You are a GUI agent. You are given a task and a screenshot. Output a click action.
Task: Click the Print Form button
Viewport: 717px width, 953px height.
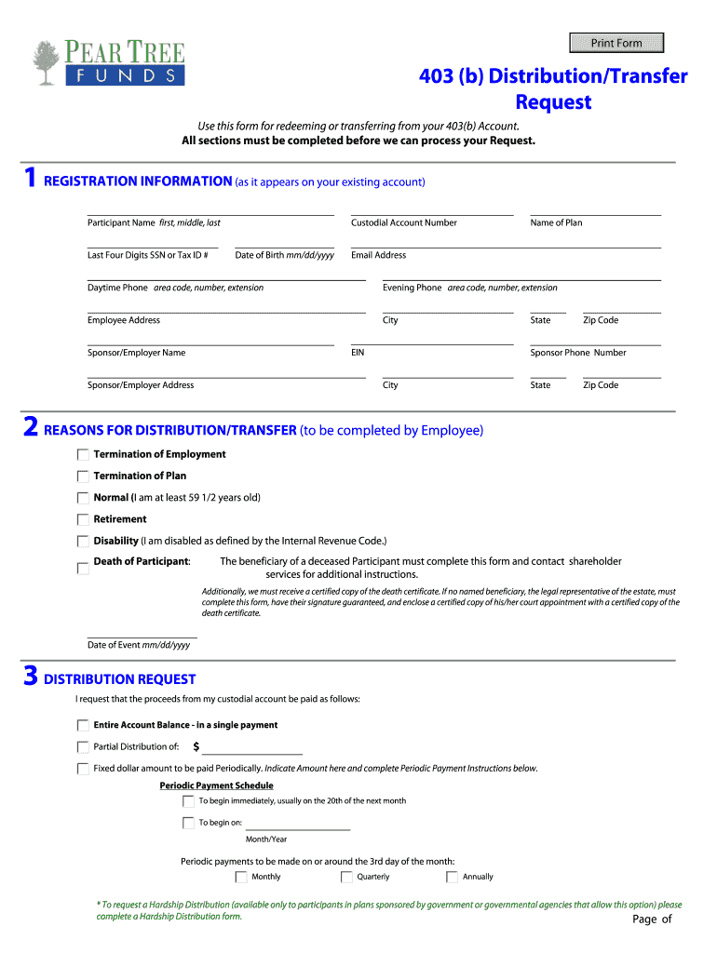616,43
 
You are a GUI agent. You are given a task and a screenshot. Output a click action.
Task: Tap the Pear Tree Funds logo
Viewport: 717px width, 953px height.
108,63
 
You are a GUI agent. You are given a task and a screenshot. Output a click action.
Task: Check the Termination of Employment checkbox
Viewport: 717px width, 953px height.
83,455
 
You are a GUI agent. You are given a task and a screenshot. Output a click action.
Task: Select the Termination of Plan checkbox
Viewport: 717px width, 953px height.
83,476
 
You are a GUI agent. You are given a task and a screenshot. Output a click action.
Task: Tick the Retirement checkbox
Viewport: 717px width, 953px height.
83,519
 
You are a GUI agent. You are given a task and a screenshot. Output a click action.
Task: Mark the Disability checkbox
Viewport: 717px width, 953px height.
83,541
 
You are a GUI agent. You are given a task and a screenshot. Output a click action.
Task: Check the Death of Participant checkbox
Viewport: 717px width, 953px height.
83,567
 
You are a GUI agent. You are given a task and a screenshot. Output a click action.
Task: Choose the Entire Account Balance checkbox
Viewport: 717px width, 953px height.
83,725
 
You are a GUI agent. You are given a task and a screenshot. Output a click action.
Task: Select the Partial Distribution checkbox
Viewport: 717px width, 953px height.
83,746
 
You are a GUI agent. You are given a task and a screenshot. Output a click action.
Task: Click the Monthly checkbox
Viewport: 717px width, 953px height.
242,877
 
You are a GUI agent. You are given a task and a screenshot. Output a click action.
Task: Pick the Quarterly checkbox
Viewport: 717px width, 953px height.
347,877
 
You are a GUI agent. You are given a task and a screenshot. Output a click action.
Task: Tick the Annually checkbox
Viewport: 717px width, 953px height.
453,877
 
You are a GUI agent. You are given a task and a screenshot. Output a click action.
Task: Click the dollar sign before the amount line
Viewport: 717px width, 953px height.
196,746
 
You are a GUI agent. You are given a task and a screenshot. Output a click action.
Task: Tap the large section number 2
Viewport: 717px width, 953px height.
31,428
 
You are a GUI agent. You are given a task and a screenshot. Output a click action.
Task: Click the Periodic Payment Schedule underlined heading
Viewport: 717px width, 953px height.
216,785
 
